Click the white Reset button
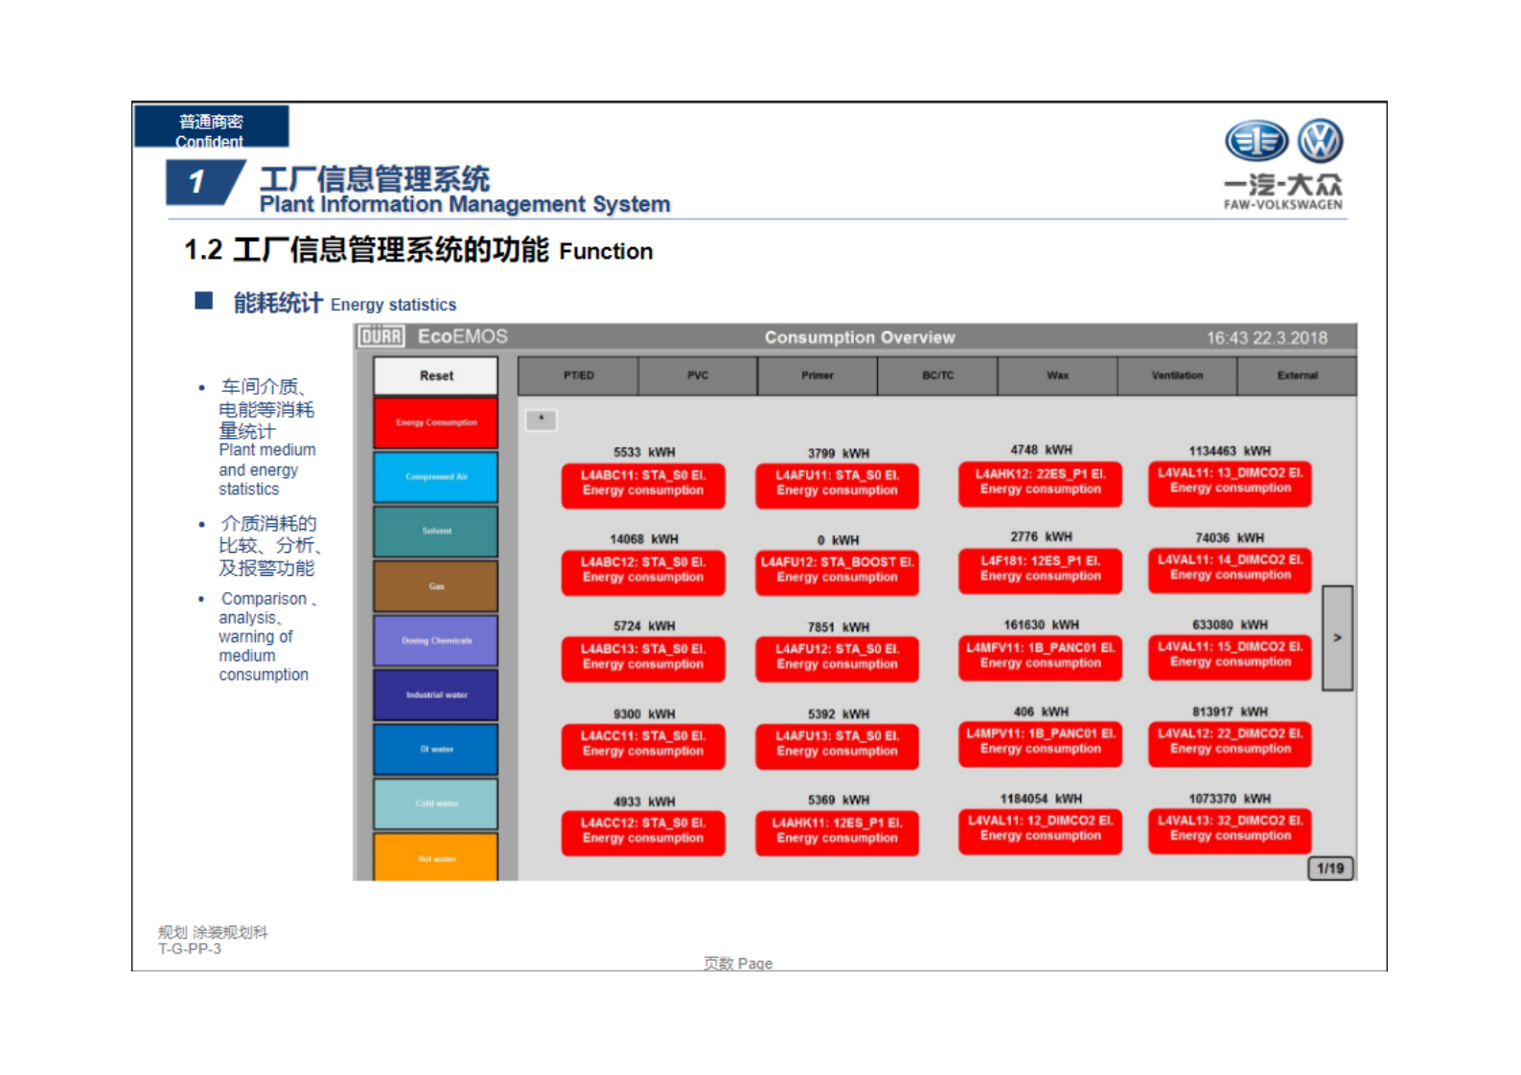pos(436,376)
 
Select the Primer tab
pos(818,376)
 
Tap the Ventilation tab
pos(1177,376)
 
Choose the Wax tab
pos(1057,376)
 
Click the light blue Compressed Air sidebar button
pos(436,476)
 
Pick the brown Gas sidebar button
pos(436,585)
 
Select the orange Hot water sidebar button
pos(436,857)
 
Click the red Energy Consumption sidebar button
pos(436,423)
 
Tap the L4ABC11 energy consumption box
pos(643,483)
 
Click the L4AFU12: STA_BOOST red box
pos(837,570)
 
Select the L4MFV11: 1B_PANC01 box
pos(1040,655)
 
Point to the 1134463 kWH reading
pos(1230,450)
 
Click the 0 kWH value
pos(838,540)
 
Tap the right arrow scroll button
pos(1337,638)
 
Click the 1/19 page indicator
pos(1330,868)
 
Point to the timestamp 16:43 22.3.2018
pos(1266,337)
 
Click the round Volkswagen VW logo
pos(1320,141)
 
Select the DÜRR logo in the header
pos(381,336)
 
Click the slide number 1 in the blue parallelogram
pos(197,182)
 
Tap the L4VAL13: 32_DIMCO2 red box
pos(1230,829)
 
